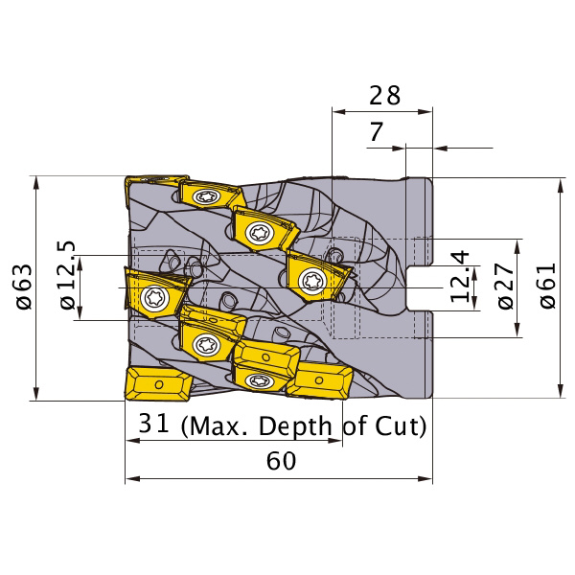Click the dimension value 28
(384, 95)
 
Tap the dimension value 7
(376, 131)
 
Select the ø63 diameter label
(24, 287)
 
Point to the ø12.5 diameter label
(67, 275)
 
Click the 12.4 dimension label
(459, 277)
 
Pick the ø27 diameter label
(506, 286)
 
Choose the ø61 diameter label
(548, 286)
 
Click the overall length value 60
(281, 461)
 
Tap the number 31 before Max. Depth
(153, 423)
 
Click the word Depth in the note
(295, 426)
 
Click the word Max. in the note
(215, 426)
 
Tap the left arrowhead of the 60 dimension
(132, 479)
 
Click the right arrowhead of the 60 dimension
(425, 479)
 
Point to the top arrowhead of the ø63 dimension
(36, 183)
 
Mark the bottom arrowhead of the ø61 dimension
(560, 390)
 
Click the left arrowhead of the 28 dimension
(339, 111)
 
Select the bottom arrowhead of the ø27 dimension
(517, 330)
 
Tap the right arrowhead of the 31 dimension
(335, 440)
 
